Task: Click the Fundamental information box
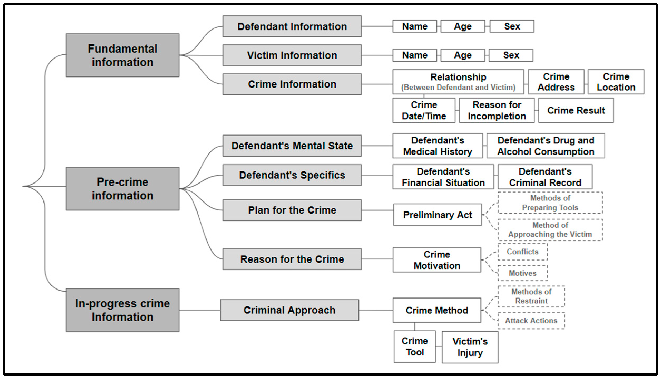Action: (x=122, y=55)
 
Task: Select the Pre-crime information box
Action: (x=122, y=189)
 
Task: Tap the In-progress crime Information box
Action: (x=122, y=310)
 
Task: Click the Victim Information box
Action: (x=292, y=55)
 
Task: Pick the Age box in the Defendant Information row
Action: (x=463, y=26)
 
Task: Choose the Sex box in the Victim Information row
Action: (x=511, y=55)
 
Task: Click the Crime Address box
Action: (x=556, y=82)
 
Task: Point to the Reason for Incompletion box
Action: (x=497, y=110)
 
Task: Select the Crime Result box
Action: (x=576, y=110)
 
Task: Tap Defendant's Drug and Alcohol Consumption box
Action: (x=546, y=146)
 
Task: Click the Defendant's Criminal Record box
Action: (x=545, y=177)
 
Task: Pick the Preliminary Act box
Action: (x=437, y=215)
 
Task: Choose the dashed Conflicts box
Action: (x=522, y=252)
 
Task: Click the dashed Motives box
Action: (x=522, y=273)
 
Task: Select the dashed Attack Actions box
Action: (x=531, y=321)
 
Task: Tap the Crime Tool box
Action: (x=415, y=347)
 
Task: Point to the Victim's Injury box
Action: (x=470, y=347)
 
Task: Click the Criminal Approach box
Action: (x=289, y=310)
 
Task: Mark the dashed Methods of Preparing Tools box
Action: (x=550, y=203)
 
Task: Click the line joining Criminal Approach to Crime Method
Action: (x=376, y=310)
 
